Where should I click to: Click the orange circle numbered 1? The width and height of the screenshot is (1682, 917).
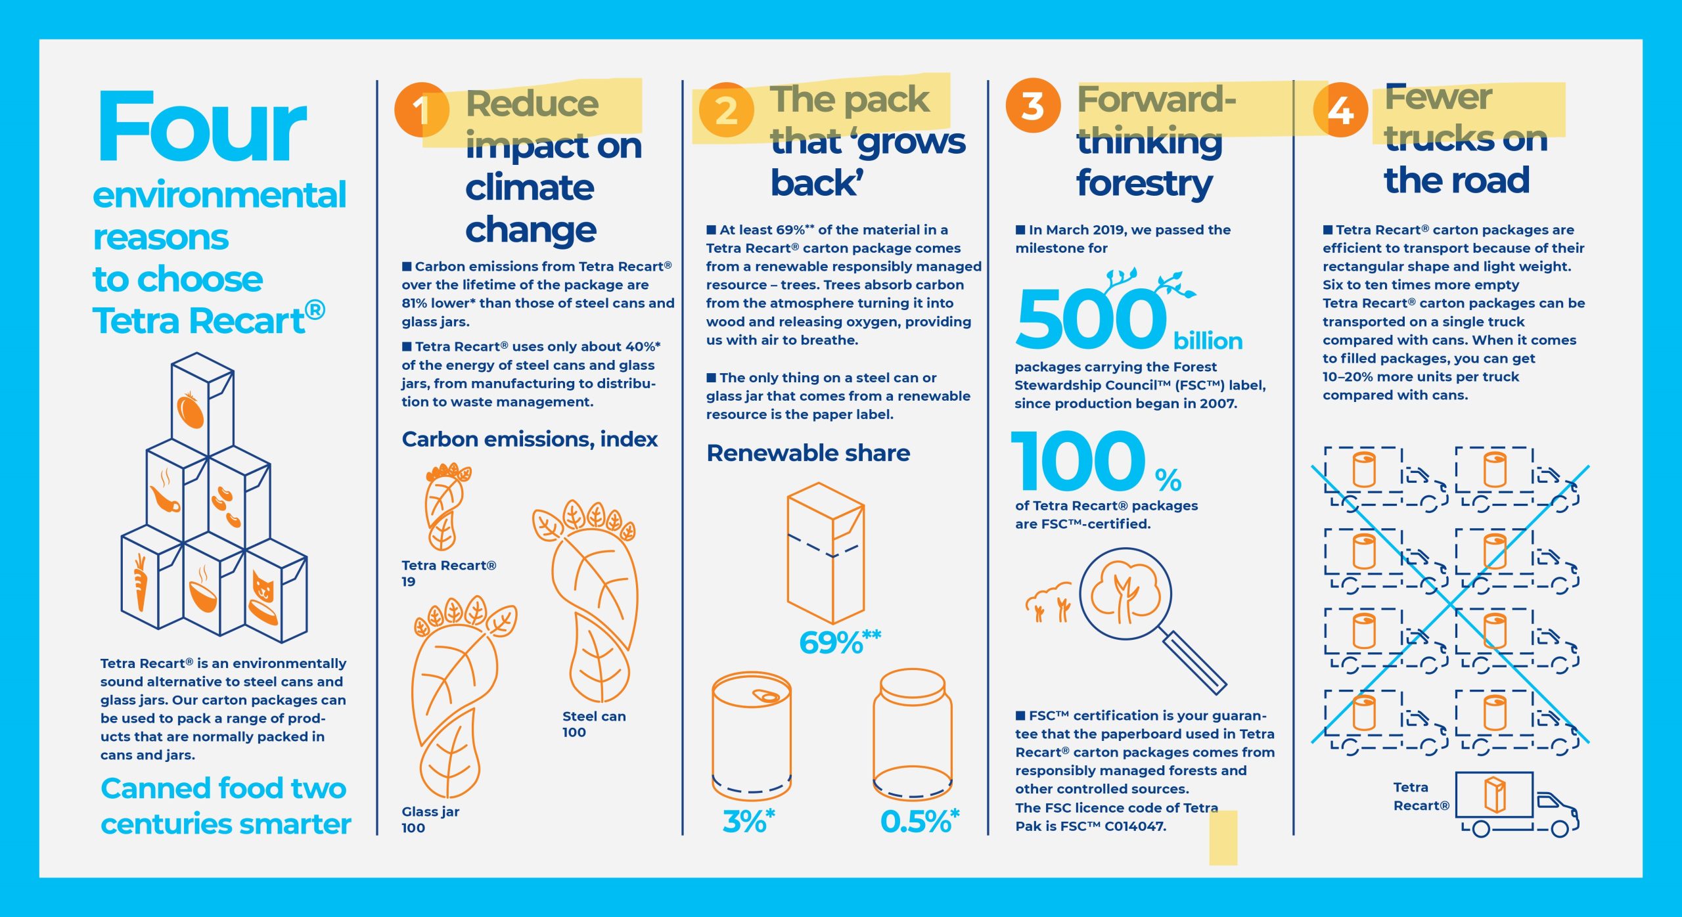(422, 110)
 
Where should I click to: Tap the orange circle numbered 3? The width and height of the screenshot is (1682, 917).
(1033, 105)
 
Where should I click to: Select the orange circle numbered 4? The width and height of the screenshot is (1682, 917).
(1340, 110)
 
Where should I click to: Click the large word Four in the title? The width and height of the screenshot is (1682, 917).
(202, 126)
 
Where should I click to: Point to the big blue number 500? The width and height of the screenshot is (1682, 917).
(1091, 319)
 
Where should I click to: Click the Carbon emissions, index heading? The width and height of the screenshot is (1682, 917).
(530, 439)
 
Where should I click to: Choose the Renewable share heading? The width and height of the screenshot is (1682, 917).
(808, 453)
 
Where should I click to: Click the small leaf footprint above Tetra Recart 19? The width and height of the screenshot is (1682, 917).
(445, 506)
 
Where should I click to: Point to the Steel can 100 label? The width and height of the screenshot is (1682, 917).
(594, 724)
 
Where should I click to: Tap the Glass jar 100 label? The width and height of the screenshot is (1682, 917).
(430, 819)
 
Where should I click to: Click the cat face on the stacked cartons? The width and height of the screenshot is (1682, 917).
(263, 585)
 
